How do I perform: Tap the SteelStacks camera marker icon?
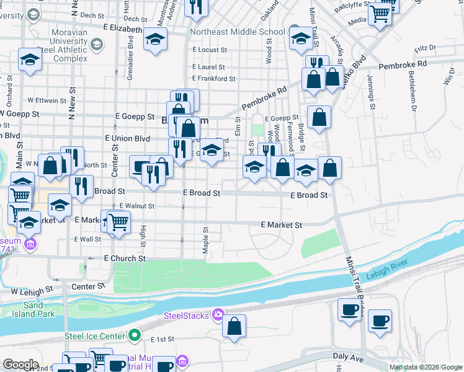click(x=218, y=316)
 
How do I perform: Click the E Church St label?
click(x=125, y=258)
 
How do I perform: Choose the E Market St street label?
click(x=281, y=225)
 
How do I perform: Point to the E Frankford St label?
click(x=214, y=79)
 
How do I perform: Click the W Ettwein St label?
click(x=47, y=100)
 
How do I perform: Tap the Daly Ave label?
click(x=347, y=356)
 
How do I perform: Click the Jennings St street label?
click(x=371, y=91)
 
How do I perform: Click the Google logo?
click(x=21, y=365)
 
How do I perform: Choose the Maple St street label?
click(x=205, y=239)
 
